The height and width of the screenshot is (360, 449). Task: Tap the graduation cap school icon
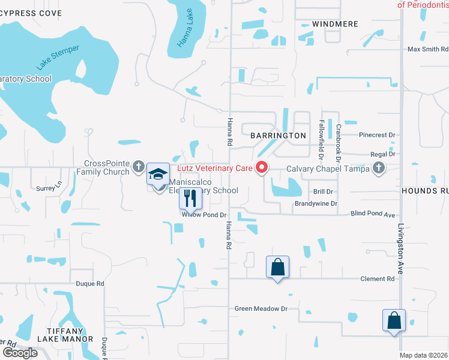click(x=158, y=175)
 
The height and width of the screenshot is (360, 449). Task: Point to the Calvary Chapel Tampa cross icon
click(x=379, y=169)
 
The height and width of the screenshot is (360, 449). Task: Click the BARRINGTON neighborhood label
click(x=278, y=136)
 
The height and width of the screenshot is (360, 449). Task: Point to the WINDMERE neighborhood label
click(x=336, y=24)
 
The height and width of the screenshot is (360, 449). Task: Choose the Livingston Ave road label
click(x=401, y=241)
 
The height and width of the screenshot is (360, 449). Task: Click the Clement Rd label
click(x=378, y=279)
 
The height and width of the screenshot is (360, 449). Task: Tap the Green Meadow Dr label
click(x=261, y=308)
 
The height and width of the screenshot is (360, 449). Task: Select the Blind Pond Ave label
click(x=373, y=214)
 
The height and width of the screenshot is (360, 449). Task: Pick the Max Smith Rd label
click(x=427, y=49)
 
